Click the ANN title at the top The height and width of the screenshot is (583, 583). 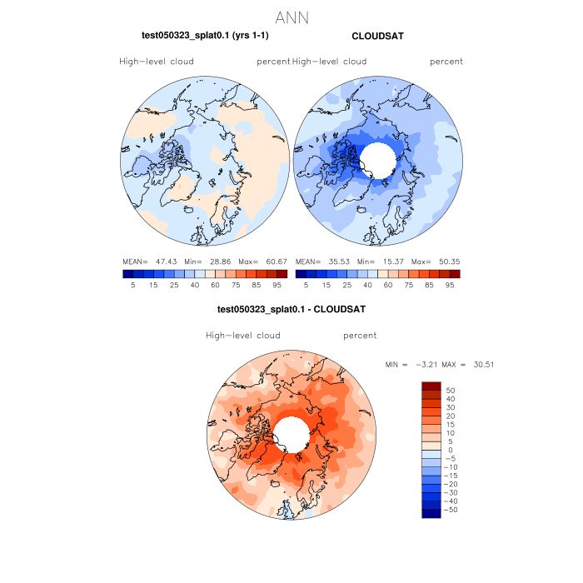(x=291, y=17)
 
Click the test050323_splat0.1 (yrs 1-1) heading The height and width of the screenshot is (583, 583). (x=205, y=36)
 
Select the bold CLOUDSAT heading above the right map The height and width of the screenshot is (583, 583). (x=377, y=36)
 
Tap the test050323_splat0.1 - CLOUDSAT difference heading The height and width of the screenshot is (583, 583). (x=291, y=309)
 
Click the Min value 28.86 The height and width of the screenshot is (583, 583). (x=216, y=261)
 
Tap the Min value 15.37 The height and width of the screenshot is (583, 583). (x=388, y=261)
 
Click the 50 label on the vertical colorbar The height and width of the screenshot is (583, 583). (x=451, y=390)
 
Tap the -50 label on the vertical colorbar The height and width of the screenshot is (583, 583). (x=451, y=509)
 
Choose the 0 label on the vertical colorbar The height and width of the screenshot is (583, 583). (x=449, y=450)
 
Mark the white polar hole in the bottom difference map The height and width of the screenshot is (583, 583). (x=291, y=435)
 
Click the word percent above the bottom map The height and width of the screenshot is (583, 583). (x=360, y=336)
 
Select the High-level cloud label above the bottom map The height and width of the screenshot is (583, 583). (x=243, y=336)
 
